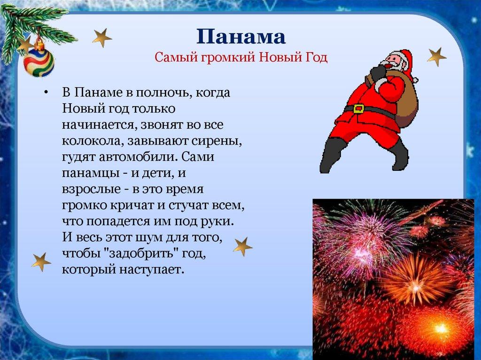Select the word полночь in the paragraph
coord(160,92)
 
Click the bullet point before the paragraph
coord(47,92)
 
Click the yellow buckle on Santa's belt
coord(358,108)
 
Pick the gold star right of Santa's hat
coord(436,57)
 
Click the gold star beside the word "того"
coord(242,246)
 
